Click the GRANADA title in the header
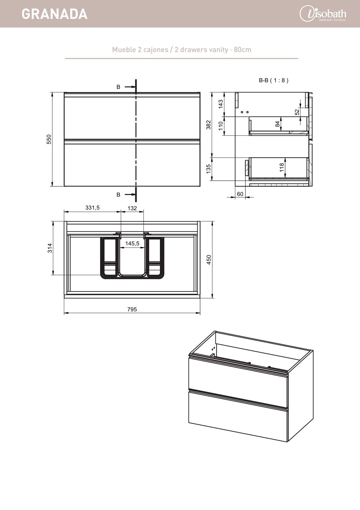click(55, 14)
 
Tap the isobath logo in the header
click(323, 14)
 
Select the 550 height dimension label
click(49, 139)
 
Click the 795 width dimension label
click(132, 309)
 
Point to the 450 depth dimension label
click(209, 260)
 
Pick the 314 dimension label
click(50, 248)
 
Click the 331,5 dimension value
click(92, 208)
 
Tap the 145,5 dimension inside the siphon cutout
click(132, 243)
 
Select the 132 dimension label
click(132, 208)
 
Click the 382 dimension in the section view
click(208, 125)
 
